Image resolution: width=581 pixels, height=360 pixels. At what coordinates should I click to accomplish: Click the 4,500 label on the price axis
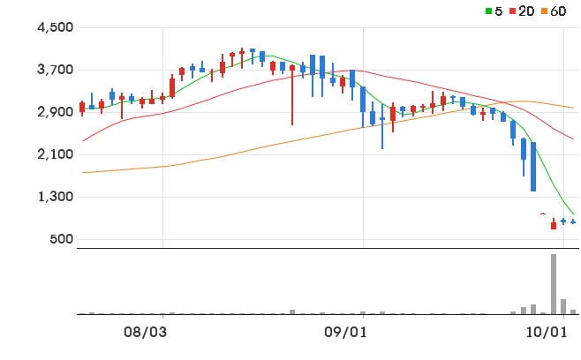tap(56, 27)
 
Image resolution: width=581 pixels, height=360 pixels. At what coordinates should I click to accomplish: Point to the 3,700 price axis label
tap(56, 70)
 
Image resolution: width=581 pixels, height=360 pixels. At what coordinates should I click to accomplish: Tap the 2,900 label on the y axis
tap(56, 112)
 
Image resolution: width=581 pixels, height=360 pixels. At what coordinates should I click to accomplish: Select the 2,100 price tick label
tap(56, 154)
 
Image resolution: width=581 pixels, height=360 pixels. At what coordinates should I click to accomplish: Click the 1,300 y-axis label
tap(56, 197)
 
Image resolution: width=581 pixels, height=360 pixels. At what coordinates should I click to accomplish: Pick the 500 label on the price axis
tap(62, 239)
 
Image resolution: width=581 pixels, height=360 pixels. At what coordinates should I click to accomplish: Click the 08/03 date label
tap(145, 333)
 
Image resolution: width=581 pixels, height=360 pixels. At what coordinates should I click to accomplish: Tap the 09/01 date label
tap(346, 333)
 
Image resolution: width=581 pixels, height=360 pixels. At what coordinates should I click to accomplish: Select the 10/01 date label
tap(547, 333)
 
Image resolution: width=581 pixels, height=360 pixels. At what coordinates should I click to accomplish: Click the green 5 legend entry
tap(494, 11)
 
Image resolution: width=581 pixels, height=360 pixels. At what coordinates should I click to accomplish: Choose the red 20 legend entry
tap(522, 11)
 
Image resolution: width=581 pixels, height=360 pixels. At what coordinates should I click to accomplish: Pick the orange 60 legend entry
tap(554, 11)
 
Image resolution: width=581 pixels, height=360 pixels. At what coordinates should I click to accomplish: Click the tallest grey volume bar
tap(554, 284)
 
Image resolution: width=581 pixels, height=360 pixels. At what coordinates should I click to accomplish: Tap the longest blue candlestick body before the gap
tap(533, 167)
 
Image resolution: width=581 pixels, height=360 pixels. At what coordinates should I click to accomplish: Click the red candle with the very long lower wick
tap(292, 94)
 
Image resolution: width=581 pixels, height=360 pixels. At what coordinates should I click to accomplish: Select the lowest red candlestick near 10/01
tap(554, 224)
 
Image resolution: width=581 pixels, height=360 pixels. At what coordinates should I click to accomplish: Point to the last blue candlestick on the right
tap(573, 221)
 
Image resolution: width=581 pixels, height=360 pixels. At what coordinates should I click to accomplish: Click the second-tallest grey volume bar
tap(563, 307)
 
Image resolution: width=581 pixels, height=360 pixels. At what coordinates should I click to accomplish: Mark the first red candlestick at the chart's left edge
tap(82, 109)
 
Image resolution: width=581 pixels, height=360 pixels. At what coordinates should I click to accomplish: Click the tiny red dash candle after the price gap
tap(543, 214)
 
